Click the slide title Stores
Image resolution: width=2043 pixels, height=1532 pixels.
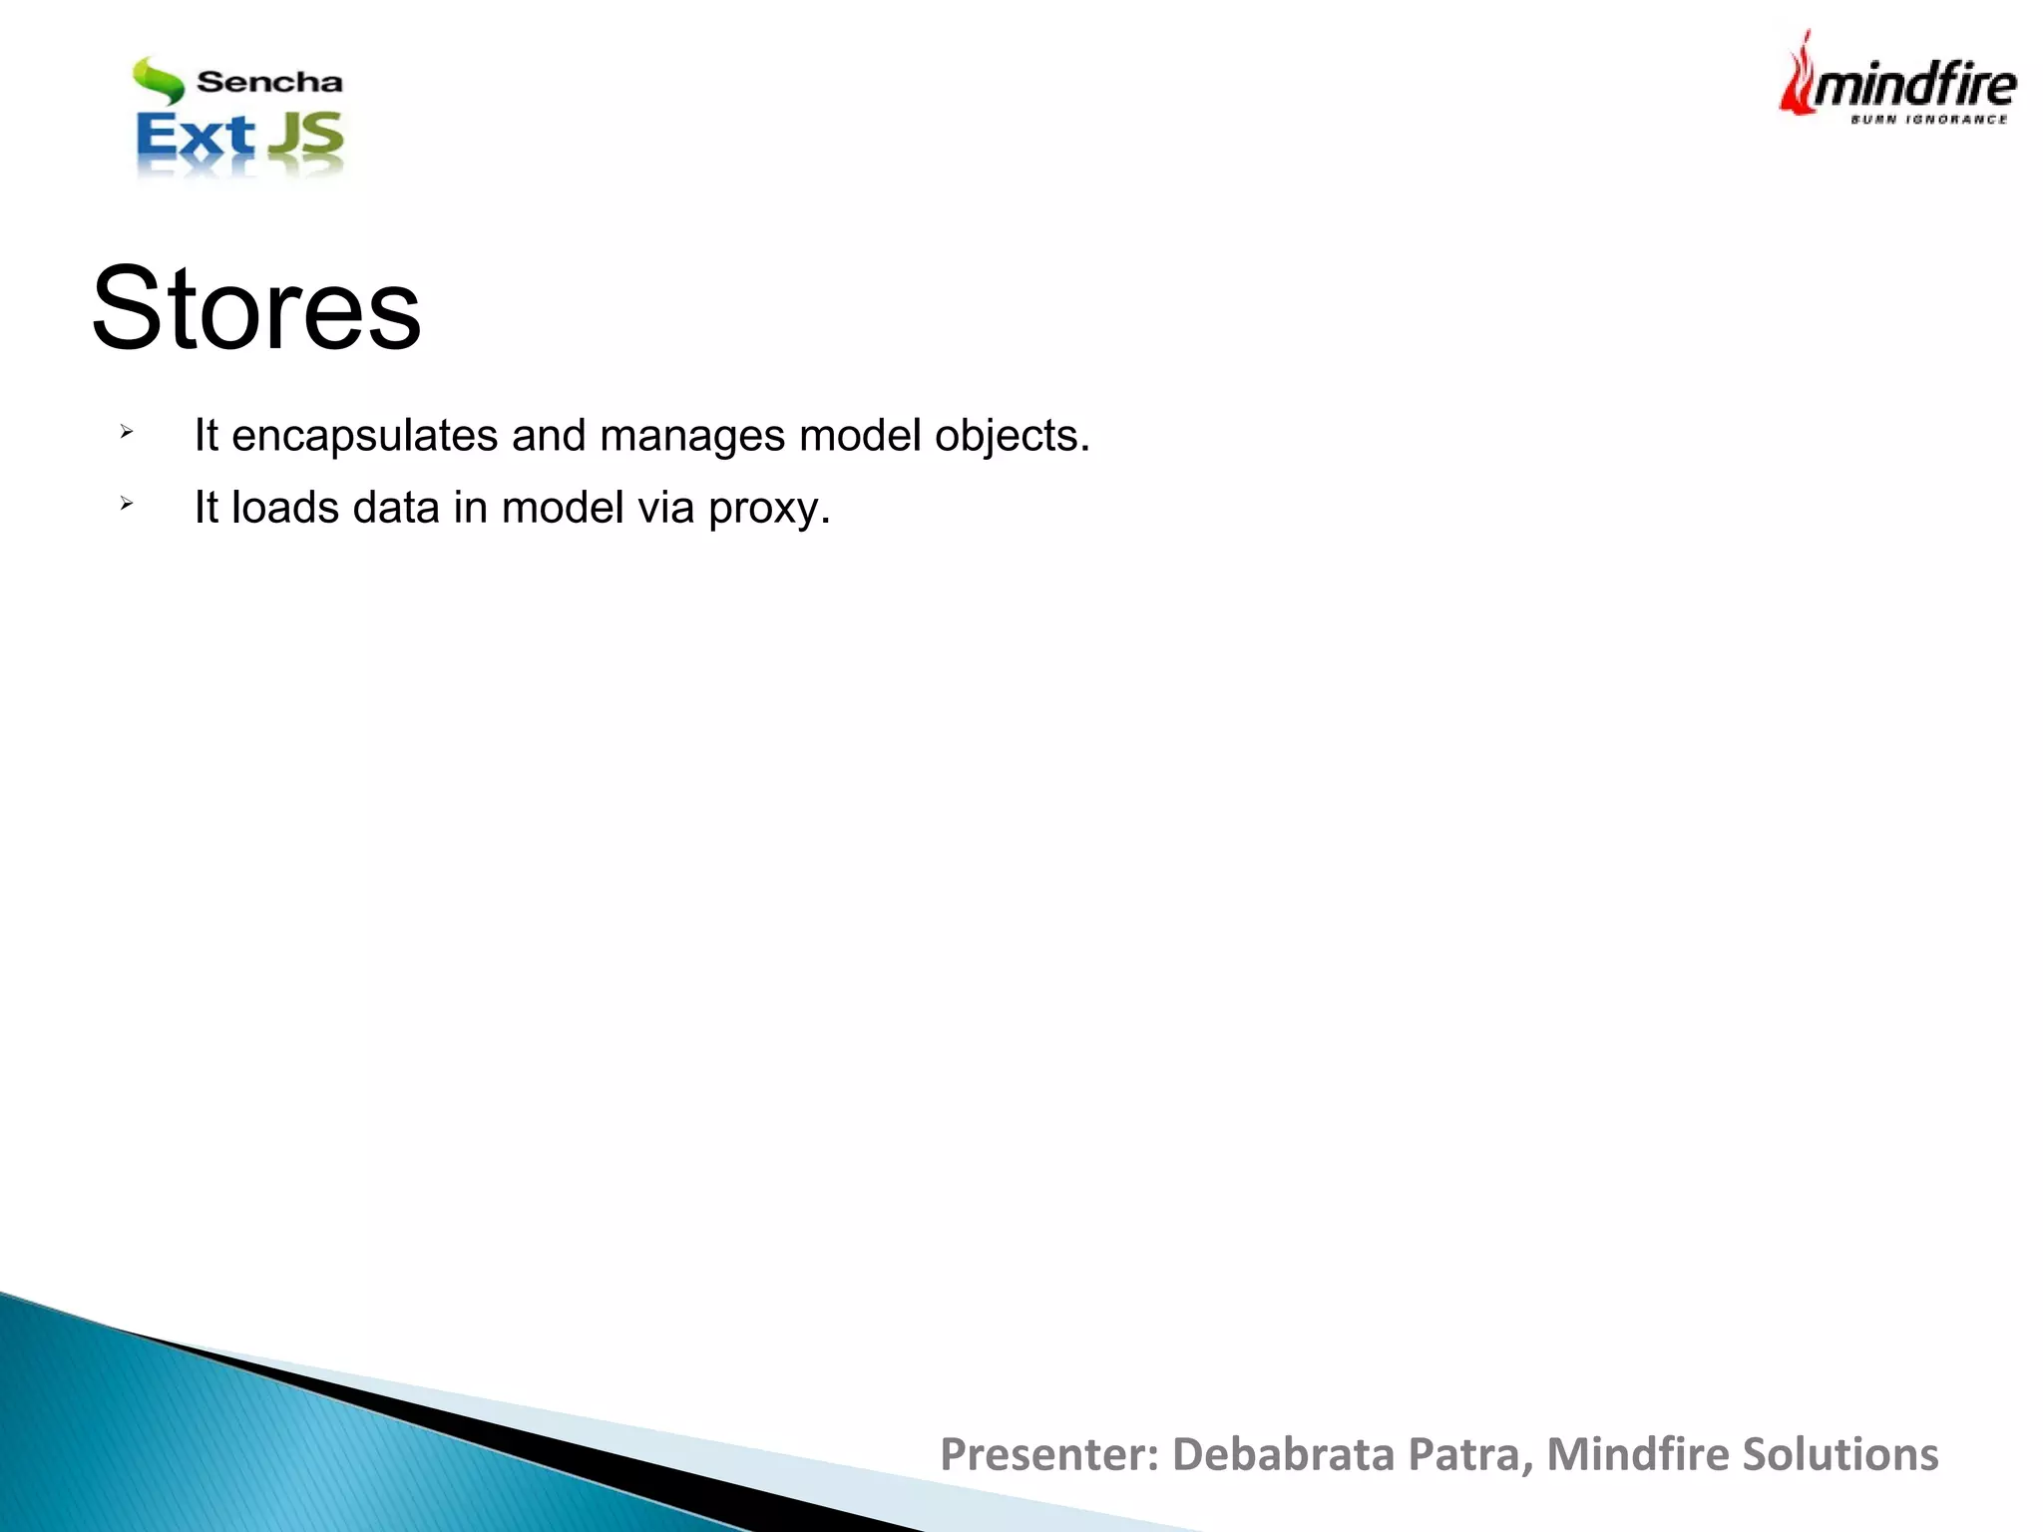tap(256, 309)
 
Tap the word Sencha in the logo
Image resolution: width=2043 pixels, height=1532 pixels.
tap(269, 82)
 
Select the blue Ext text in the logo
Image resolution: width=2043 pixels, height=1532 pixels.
tap(195, 138)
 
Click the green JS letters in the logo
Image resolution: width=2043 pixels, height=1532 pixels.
tap(306, 137)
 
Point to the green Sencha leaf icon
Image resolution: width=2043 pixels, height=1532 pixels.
tap(158, 81)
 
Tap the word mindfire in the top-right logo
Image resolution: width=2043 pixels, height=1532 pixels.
tap(1913, 86)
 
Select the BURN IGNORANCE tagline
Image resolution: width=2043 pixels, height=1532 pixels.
tap(1928, 120)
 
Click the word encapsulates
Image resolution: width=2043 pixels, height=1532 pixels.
tap(364, 436)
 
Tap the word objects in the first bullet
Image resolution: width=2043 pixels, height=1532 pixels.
tap(1012, 436)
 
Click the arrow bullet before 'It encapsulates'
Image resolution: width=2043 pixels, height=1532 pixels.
tap(126, 432)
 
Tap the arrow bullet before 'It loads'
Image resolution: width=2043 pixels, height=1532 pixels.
tap(126, 504)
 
